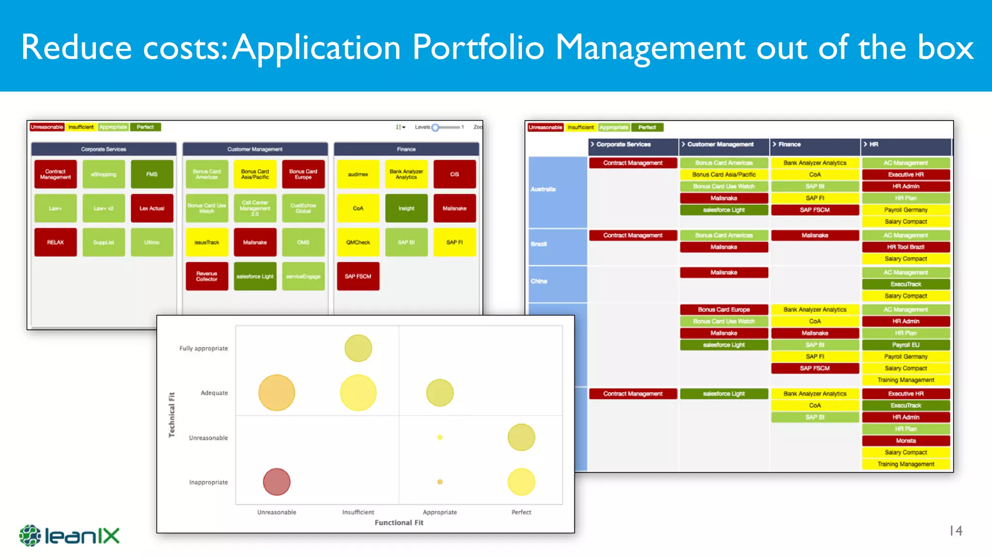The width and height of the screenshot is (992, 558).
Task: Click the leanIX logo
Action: click(x=69, y=536)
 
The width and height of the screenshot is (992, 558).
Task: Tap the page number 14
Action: click(x=956, y=531)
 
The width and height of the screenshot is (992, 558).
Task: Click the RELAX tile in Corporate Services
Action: click(x=55, y=242)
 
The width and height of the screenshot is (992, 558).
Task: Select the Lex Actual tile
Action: click(x=152, y=208)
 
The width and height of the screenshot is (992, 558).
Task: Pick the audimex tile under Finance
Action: click(x=358, y=174)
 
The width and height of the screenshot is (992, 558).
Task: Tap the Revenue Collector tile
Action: click(x=207, y=276)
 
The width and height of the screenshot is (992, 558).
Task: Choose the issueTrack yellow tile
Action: click(x=207, y=242)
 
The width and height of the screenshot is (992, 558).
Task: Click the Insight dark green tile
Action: click(x=406, y=208)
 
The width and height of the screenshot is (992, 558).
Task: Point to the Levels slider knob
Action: click(x=435, y=127)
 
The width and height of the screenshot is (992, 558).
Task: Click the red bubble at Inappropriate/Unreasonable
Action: click(x=277, y=482)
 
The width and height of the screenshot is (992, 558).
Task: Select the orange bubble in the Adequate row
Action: click(x=277, y=393)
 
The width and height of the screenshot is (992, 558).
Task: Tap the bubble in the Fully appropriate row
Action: click(x=358, y=348)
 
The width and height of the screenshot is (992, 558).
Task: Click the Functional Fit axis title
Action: click(x=399, y=523)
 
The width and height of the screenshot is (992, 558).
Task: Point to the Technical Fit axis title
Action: click(x=171, y=415)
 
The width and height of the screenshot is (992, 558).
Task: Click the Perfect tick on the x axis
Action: click(x=521, y=512)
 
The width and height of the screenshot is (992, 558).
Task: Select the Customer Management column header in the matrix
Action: click(x=720, y=144)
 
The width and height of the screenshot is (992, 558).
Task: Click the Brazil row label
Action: click(x=539, y=244)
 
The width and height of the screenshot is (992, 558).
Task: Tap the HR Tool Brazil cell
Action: click(x=906, y=247)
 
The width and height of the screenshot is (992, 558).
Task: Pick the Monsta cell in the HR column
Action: click(x=906, y=441)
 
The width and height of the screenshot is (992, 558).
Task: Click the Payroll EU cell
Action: click(x=906, y=345)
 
